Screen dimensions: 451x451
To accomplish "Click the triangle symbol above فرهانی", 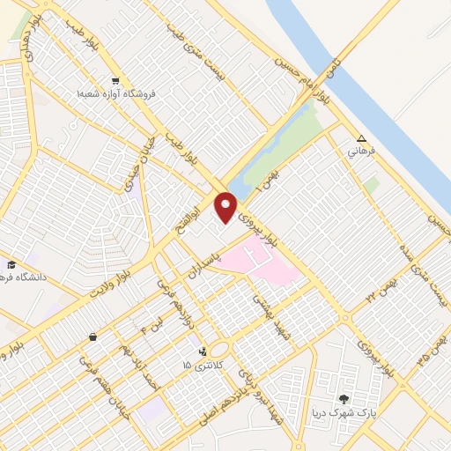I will [x=361, y=138].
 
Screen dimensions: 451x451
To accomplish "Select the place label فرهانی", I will [x=362, y=152].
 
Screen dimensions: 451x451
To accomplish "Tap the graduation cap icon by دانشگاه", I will [x=11, y=264].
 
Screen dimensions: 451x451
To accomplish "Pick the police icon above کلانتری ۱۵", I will [x=204, y=351].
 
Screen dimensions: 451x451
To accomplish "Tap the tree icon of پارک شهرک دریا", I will [x=344, y=399].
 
